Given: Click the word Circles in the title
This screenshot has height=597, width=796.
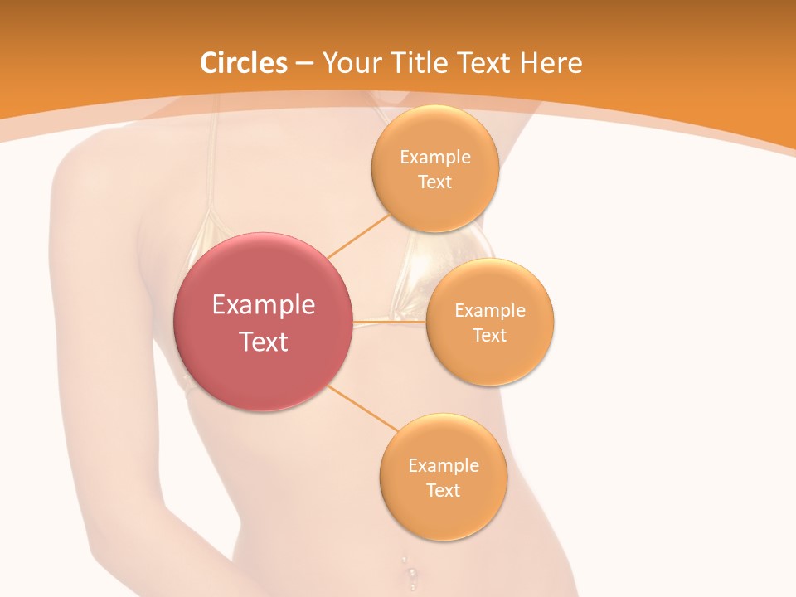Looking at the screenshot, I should (x=243, y=63).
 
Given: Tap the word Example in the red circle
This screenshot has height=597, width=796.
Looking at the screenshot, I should (x=263, y=305).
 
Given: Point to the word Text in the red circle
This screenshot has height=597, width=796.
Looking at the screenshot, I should (x=263, y=342).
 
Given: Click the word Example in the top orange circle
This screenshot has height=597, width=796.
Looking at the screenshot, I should (x=434, y=158).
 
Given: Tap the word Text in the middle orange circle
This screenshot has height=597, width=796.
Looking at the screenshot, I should (x=489, y=336).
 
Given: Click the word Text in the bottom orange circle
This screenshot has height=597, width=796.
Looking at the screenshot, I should (x=443, y=490).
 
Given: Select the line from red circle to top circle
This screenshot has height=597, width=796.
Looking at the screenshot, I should (x=358, y=235).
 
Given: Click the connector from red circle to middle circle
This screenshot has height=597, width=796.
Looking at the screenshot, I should (x=390, y=321).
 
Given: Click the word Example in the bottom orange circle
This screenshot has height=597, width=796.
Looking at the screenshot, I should (x=443, y=465).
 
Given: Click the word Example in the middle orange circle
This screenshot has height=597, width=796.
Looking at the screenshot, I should (x=489, y=311).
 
